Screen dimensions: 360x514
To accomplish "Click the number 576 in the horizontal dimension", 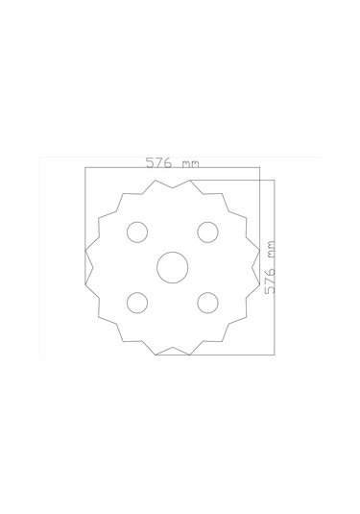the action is pyautogui.click(x=158, y=162).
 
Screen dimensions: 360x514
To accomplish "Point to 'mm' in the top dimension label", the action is pyautogui.click(x=190, y=164).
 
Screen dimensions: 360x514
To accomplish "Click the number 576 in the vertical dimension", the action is pyautogui.click(x=270, y=281).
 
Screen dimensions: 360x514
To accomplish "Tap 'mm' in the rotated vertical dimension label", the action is pyautogui.click(x=271, y=249).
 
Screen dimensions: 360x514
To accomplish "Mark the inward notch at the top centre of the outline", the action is pyautogui.click(x=173, y=188).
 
